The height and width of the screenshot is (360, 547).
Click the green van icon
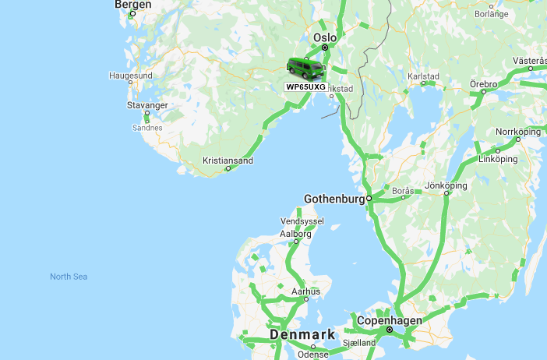tap(306, 69)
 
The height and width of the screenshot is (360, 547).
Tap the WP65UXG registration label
tap(305, 86)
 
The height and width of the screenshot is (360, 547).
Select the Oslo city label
tap(324, 37)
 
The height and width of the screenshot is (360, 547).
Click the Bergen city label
tap(132, 5)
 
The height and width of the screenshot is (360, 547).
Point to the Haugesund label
tap(130, 76)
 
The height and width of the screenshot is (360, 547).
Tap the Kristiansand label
tap(228, 161)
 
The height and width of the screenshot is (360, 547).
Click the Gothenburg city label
tap(334, 199)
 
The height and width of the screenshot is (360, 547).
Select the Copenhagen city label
tap(389, 321)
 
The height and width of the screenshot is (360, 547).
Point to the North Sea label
tap(69, 277)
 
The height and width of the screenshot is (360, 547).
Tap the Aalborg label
tap(295, 234)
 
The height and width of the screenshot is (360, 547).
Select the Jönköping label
tap(446, 185)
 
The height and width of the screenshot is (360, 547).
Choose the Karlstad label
tap(423, 76)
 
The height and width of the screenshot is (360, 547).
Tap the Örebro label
tap(483, 83)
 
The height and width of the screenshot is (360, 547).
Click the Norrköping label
tap(517, 132)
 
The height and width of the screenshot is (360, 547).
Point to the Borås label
tap(404, 190)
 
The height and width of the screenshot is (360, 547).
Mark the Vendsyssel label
tap(301, 221)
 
